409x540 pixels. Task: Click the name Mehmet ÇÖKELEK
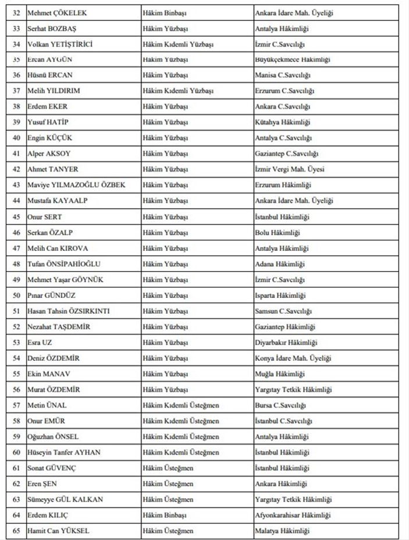[53, 12]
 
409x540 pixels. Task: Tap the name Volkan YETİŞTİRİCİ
[60, 44]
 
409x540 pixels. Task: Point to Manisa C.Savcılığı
[283, 75]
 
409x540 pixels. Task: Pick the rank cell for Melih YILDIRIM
[178, 91]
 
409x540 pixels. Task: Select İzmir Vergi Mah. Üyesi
[290, 169]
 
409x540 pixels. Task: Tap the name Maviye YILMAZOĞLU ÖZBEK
[76, 185]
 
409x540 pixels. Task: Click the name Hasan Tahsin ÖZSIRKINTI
[69, 311]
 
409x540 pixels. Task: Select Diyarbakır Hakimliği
[285, 342]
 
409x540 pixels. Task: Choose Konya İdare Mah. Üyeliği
[293, 358]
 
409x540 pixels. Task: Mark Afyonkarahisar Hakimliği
[293, 515]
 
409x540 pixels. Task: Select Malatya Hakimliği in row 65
[282, 531]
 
